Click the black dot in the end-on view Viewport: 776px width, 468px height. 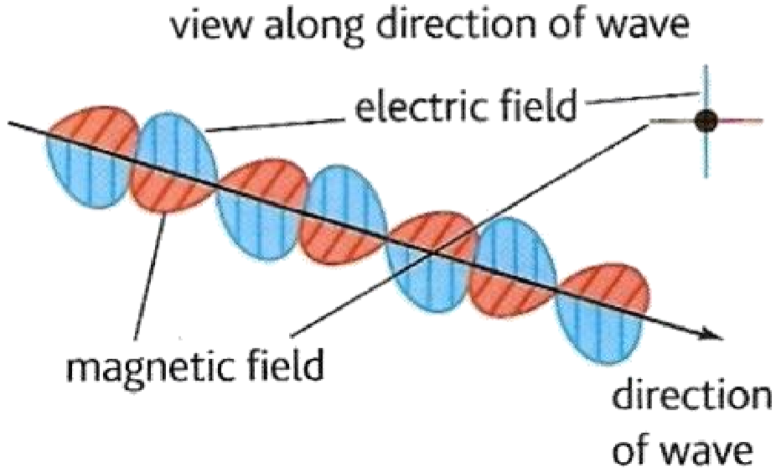tap(706, 122)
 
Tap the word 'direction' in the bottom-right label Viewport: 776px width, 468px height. tap(688, 398)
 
